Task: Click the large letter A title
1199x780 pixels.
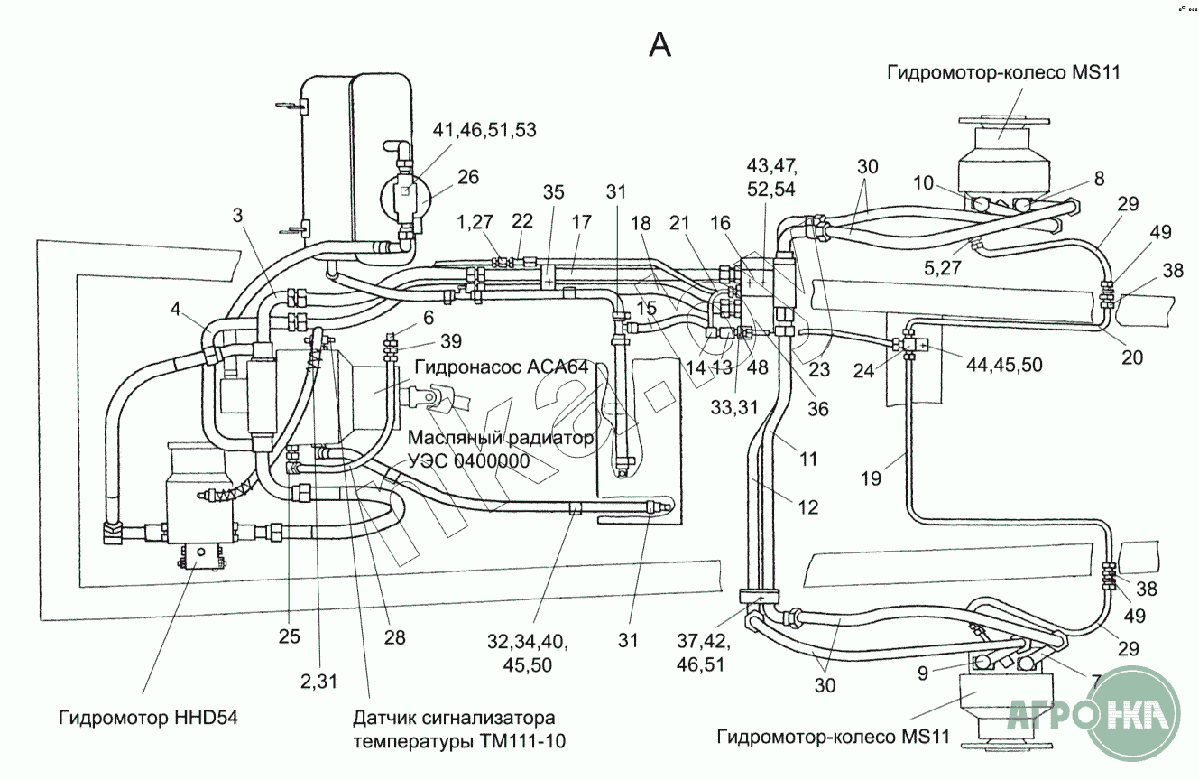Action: [x=660, y=43]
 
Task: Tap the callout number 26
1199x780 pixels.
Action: [x=468, y=177]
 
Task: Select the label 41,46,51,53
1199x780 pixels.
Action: [x=484, y=130]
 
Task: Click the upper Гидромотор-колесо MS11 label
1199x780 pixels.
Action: [x=1002, y=72]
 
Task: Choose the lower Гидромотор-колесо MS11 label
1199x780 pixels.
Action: [x=834, y=737]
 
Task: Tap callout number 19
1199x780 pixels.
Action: [x=870, y=478]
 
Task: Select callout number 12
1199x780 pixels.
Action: [x=808, y=507]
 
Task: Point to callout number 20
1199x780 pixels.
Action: [x=1131, y=357]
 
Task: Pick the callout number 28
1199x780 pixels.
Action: [x=394, y=638]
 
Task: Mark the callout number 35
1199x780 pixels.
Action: [x=554, y=192]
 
